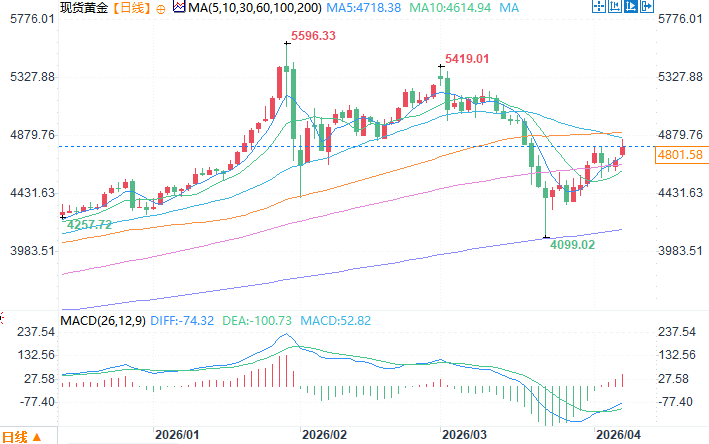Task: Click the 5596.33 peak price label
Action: tap(312, 38)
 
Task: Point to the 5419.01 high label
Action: tap(466, 59)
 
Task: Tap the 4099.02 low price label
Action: tap(573, 243)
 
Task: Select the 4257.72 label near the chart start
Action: tap(88, 226)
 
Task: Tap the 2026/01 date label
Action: tap(177, 436)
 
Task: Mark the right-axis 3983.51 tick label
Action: tap(681, 251)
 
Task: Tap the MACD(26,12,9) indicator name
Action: tap(102, 320)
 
